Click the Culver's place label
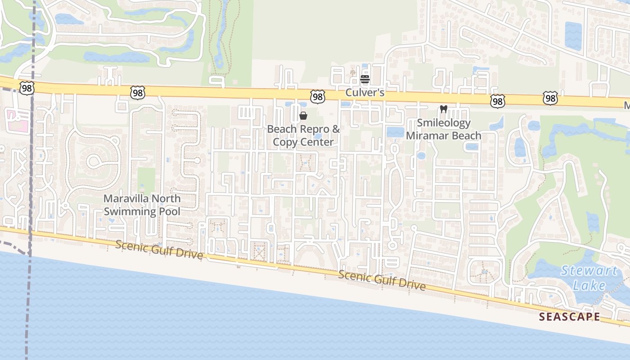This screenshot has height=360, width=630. coord(365,93)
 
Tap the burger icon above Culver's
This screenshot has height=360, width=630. coord(365,80)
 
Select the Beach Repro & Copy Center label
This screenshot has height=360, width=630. coord(304,135)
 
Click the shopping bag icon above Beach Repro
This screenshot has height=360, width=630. coord(304,116)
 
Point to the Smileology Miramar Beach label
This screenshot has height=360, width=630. coord(444,129)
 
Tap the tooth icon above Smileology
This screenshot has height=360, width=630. coord(443,109)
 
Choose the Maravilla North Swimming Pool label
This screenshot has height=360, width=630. coord(142,205)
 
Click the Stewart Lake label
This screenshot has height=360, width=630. coord(589,278)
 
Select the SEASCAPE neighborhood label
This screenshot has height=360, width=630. coord(569,317)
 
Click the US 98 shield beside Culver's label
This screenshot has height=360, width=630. coord(317,96)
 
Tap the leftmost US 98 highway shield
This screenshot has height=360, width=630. coord(27,88)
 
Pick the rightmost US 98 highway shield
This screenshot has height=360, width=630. coord(550,98)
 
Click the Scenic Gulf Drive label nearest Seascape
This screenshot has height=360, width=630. coord(382,280)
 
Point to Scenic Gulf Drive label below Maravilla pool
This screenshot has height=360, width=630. coord(159,250)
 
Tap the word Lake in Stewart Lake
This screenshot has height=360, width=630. coord(589,285)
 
